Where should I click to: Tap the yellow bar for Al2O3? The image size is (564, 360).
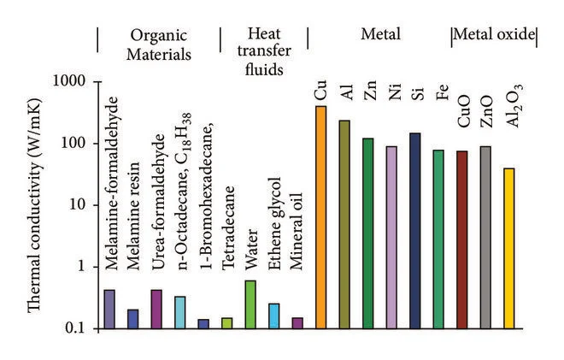[x=509, y=248]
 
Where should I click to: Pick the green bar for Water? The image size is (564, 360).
[x=250, y=304]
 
